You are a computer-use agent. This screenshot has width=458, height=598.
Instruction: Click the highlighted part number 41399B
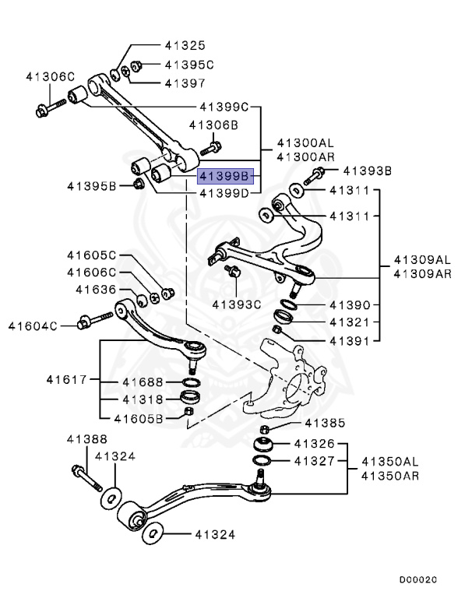[x=225, y=176]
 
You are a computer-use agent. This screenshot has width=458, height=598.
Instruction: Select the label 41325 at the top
[x=185, y=47]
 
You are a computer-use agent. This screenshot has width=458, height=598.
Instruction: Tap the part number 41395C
[x=188, y=65]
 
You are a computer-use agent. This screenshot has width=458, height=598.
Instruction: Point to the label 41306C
[x=50, y=76]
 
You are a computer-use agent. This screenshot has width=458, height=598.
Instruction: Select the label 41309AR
[x=421, y=273]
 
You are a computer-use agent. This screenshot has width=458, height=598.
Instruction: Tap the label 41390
[x=348, y=305]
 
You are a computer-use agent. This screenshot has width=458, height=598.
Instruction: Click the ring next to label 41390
[x=288, y=301]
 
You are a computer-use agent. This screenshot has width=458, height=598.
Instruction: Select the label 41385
[x=322, y=424]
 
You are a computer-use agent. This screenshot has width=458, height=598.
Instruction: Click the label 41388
[x=86, y=440]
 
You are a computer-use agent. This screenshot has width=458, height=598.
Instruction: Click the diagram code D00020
[x=418, y=580]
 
